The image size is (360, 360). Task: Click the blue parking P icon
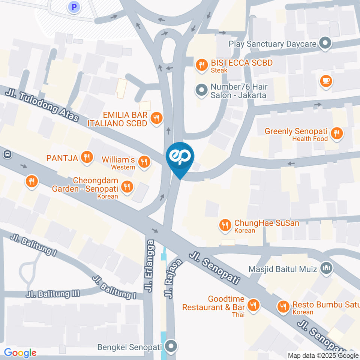(74, 6)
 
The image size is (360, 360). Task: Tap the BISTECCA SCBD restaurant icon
(202, 66)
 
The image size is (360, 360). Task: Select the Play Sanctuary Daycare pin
(325, 43)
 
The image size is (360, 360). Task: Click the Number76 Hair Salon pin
(202, 90)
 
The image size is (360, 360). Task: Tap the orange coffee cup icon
(326, 81)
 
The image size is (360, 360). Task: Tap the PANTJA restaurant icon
(87, 157)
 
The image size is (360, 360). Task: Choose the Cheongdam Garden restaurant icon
(128, 186)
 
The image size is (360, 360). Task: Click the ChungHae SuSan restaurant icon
(225, 225)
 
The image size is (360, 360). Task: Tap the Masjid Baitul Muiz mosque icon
(326, 268)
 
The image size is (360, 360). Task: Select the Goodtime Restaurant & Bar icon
(254, 304)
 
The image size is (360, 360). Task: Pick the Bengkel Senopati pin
(171, 346)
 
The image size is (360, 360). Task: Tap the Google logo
(20, 353)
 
